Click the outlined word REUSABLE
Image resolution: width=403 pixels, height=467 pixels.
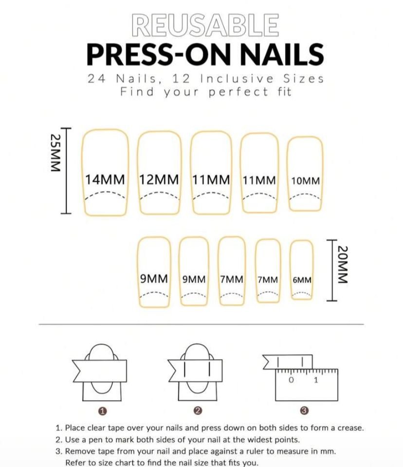pos(205,25)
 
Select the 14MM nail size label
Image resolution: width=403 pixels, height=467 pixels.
pos(105,179)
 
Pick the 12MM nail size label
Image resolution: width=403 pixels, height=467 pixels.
pos(159,179)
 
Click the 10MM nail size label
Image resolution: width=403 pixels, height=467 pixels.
pos(306,181)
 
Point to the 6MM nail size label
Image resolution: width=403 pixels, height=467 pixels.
pos(302,280)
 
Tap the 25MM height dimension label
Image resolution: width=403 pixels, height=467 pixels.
pos(55,153)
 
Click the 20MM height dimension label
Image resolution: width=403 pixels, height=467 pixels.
pos(342,265)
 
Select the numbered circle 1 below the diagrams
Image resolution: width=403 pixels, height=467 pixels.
pos(102,411)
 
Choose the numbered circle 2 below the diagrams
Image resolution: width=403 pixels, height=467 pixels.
pos(198,411)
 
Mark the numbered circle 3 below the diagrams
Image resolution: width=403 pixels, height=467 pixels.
pos(304,411)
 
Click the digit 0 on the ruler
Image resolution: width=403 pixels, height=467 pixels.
pos(291,380)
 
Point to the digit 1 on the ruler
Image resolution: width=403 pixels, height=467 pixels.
pos(316,380)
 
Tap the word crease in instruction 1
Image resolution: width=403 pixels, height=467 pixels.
pos(349,428)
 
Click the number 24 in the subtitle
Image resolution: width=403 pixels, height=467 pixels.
pos(96,79)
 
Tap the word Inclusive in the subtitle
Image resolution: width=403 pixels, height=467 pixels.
pos(237,79)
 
